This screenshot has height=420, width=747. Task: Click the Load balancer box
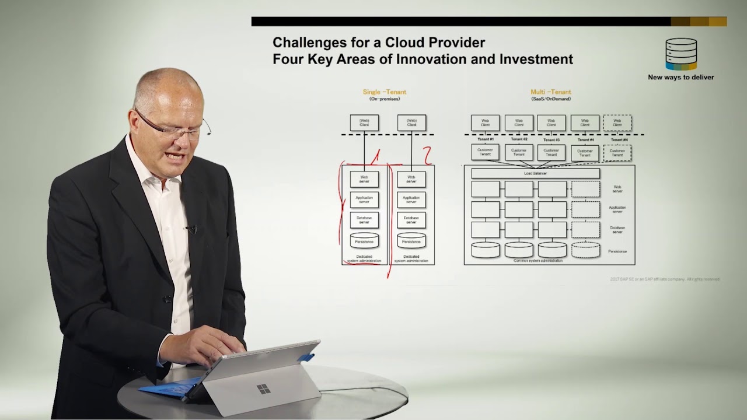tap(535, 173)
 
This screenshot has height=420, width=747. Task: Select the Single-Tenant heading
tap(384, 92)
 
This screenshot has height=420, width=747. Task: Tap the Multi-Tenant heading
tap(550, 92)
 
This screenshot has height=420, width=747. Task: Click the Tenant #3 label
tap(551, 140)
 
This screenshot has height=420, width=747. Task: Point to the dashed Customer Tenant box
tap(617, 153)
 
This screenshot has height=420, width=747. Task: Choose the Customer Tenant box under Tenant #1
tap(485, 152)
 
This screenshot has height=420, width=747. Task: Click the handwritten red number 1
tap(375, 156)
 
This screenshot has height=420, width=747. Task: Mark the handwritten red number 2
tap(427, 156)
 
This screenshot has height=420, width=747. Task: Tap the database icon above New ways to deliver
tap(681, 54)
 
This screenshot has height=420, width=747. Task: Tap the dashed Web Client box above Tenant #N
tap(617, 123)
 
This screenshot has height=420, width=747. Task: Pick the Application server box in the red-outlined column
tap(364, 199)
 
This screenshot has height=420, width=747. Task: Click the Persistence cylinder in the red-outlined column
tap(364, 240)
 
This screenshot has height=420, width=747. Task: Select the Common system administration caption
tap(537, 261)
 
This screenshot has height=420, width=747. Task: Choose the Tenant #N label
tap(619, 140)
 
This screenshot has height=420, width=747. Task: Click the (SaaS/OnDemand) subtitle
tap(550, 99)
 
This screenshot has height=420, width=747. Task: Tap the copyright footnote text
tap(664, 279)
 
